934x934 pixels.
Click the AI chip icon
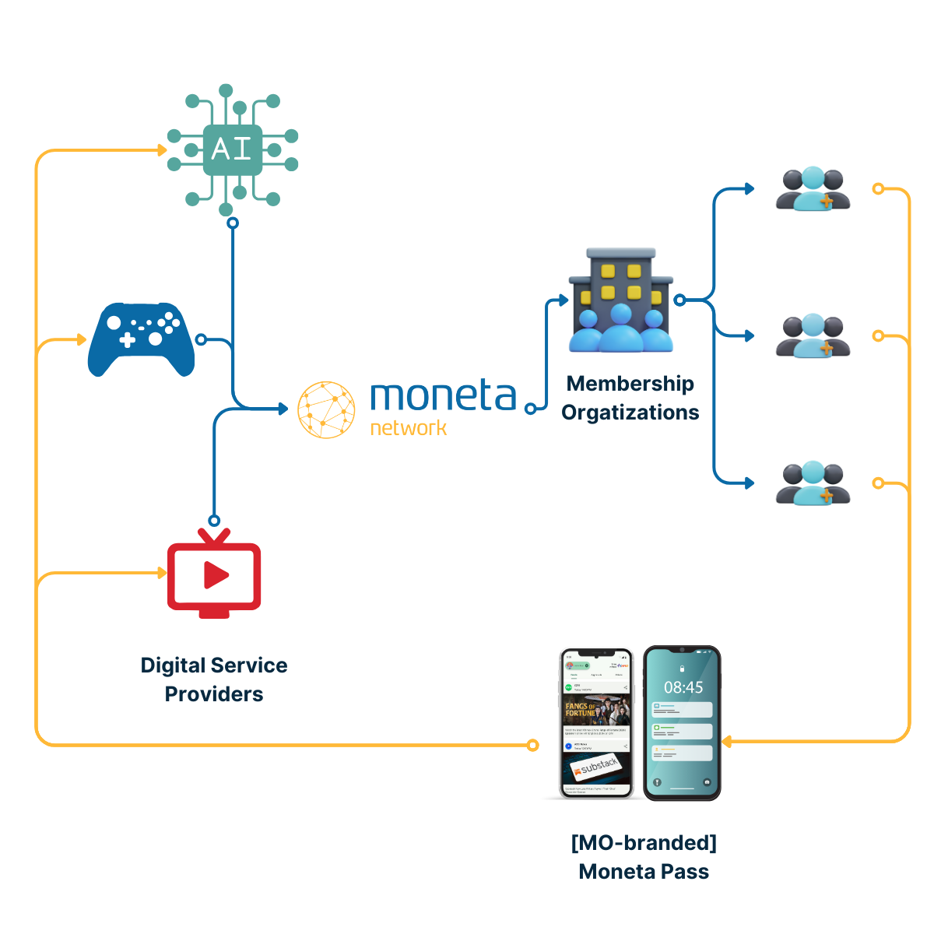pyautogui.click(x=232, y=149)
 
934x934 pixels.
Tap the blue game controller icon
pyautogui.click(x=142, y=339)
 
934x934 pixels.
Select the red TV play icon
pyautogui.click(x=214, y=575)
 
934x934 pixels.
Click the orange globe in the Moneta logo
pyautogui.click(x=327, y=409)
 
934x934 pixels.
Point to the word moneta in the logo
pyautogui.click(x=443, y=396)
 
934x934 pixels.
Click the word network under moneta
pyautogui.click(x=409, y=428)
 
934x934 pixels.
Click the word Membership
pyautogui.click(x=630, y=384)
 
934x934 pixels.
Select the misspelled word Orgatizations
pyautogui.click(x=630, y=413)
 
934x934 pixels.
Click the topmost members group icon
pyautogui.click(x=813, y=189)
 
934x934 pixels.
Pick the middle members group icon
pyautogui.click(x=813, y=336)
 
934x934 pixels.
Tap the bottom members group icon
pyautogui.click(x=813, y=483)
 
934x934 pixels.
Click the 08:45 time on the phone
pyautogui.click(x=683, y=687)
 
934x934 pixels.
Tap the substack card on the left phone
pyautogui.click(x=598, y=767)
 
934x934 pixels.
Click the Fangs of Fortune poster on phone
pyautogui.click(x=597, y=711)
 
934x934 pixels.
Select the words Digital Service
pyautogui.click(x=214, y=665)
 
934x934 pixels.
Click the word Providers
pyautogui.click(x=214, y=694)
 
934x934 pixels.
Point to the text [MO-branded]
pyautogui.click(x=644, y=843)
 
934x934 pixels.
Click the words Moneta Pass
pyautogui.click(x=644, y=872)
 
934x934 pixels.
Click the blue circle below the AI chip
pyautogui.click(x=232, y=223)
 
